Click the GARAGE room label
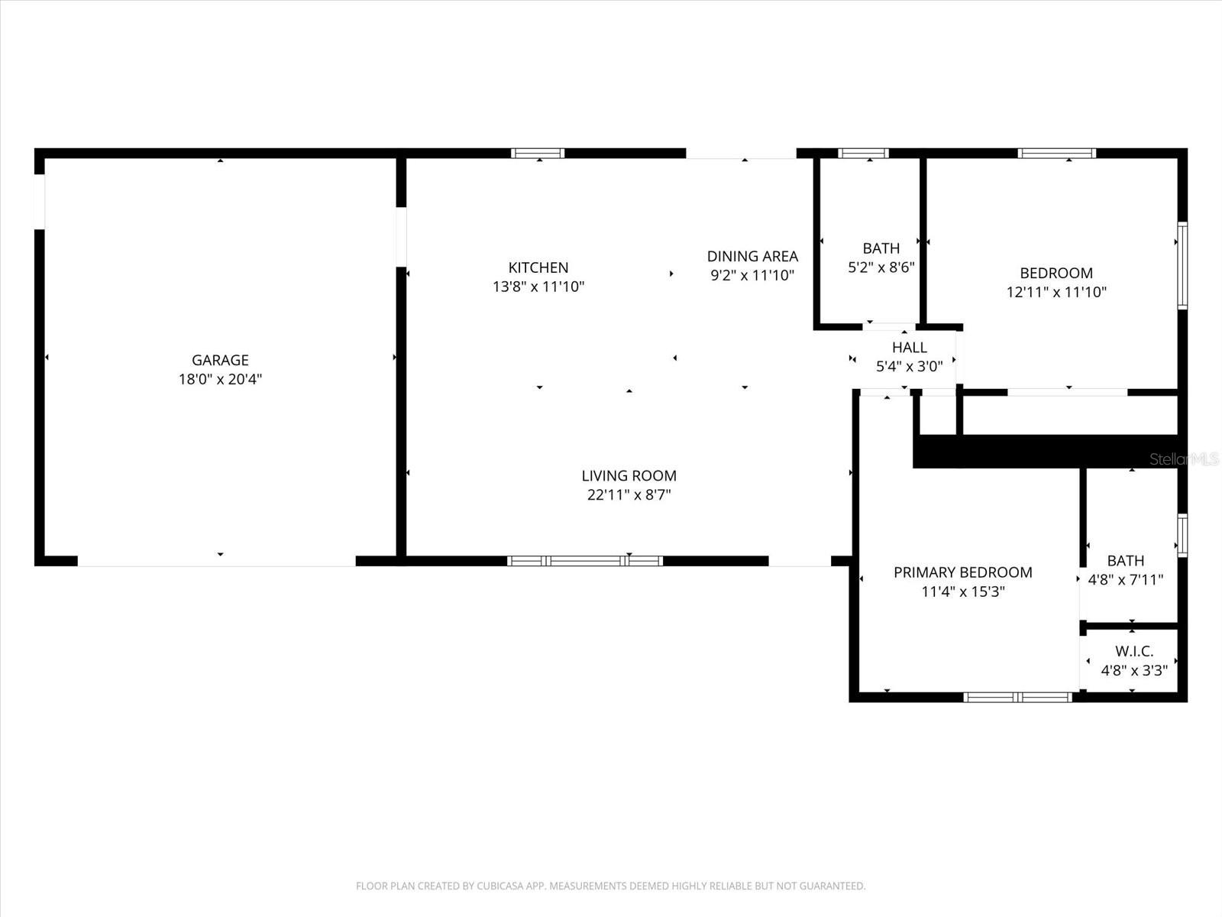[220, 360]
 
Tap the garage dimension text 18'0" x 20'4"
[220, 379]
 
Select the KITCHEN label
[538, 267]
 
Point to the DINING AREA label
[752, 256]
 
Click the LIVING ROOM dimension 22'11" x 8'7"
[629, 494]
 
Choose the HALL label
[909, 348]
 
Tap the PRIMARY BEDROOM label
[962, 572]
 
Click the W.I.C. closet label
[1134, 652]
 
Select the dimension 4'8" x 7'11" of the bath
[1125, 579]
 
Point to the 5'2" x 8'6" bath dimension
[881, 267]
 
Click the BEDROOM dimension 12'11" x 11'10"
[1056, 292]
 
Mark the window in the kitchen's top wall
[538, 153]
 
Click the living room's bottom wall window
[585, 561]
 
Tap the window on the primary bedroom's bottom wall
[1018, 697]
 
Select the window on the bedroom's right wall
[1182, 264]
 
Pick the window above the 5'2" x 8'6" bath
[863, 153]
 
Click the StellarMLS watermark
[1184, 459]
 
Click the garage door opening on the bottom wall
[217, 562]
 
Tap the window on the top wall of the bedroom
[1056, 153]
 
